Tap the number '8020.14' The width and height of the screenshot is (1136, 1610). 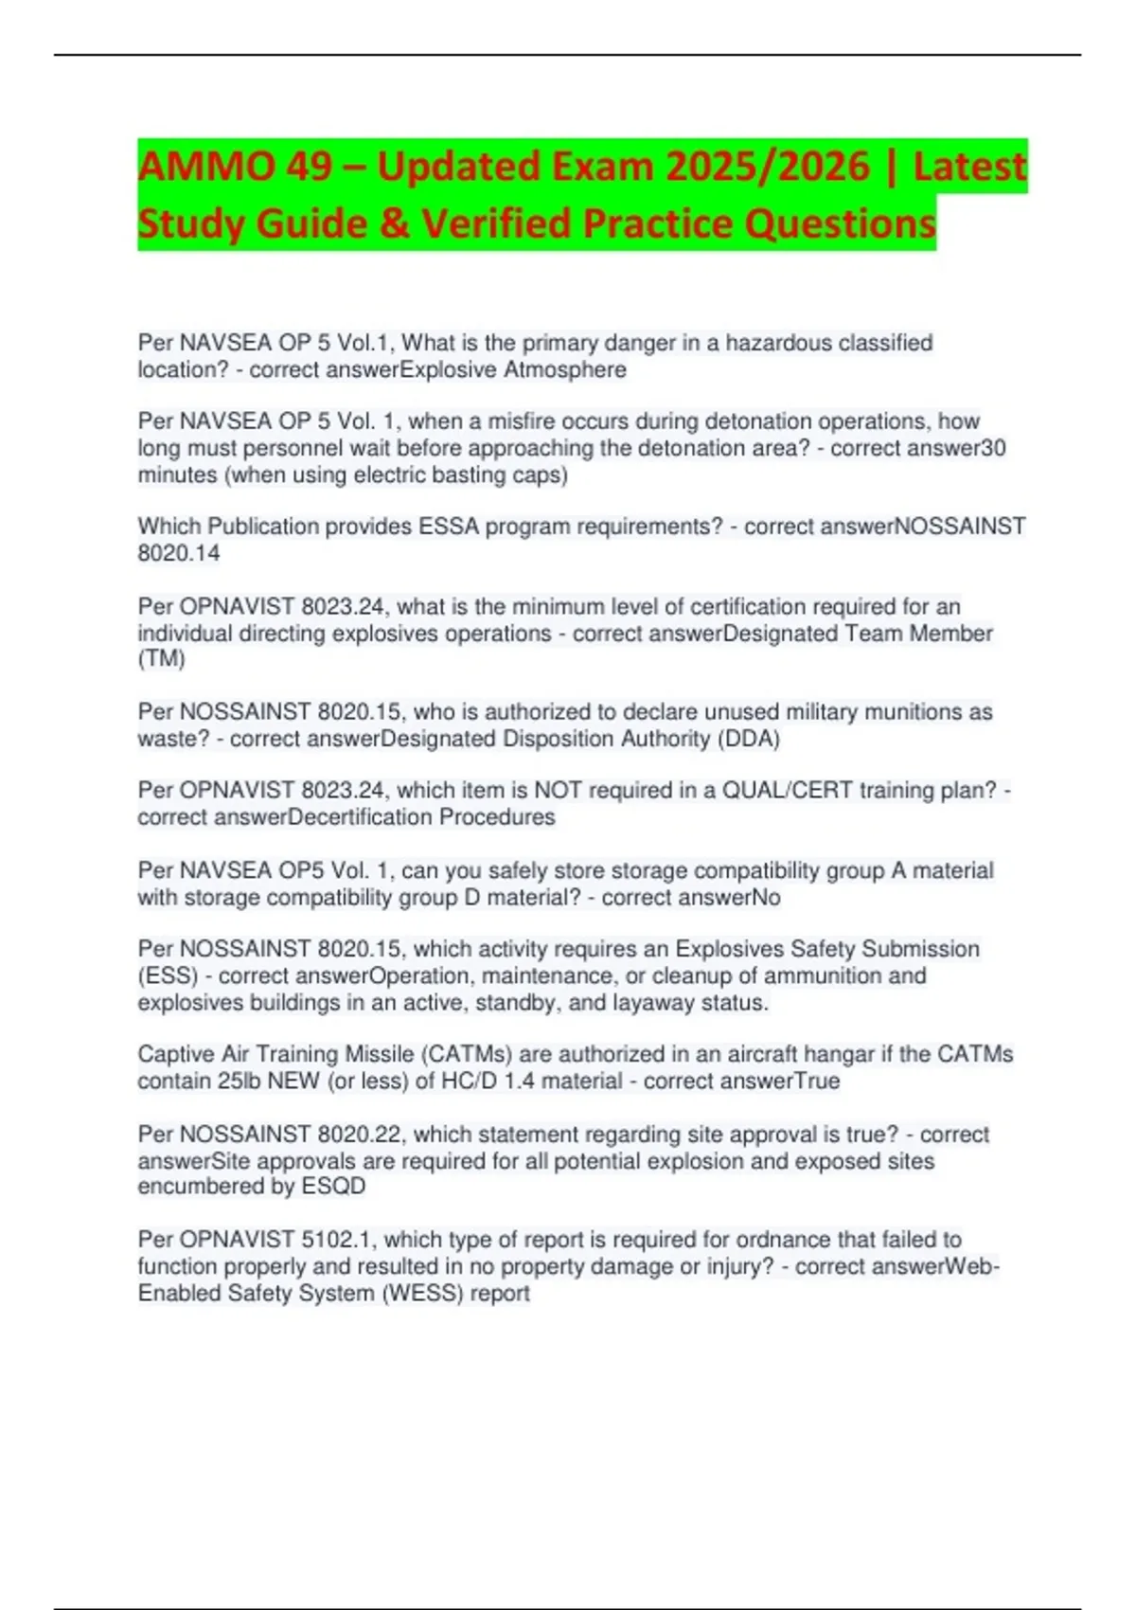[179, 553]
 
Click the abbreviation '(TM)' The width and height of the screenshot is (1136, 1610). [162, 659]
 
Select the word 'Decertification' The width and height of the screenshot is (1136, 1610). [360, 817]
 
